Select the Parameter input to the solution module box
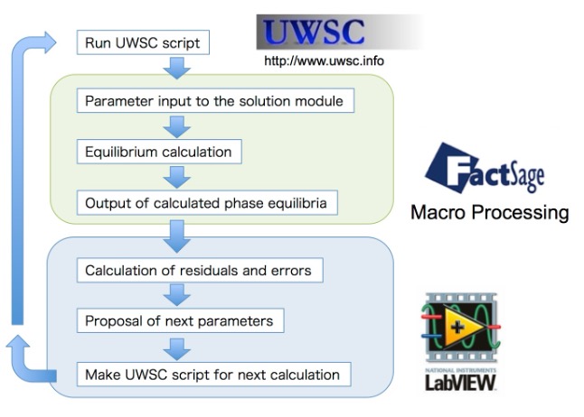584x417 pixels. (x=215, y=101)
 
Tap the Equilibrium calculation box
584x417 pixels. (x=158, y=152)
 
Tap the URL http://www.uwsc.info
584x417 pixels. (x=324, y=62)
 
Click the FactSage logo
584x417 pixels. (x=484, y=168)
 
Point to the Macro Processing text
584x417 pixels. (x=489, y=213)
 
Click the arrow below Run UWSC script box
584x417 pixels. (x=179, y=67)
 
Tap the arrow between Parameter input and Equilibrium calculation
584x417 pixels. (x=179, y=126)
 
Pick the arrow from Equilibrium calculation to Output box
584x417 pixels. (x=179, y=177)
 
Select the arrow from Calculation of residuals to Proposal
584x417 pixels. (x=179, y=295)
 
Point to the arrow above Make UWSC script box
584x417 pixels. (x=179, y=347)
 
